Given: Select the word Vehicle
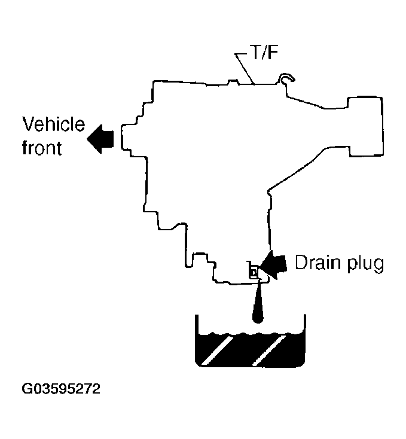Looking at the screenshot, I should (53, 126).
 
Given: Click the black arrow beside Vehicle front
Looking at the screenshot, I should (100, 139).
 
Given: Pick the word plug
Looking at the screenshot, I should (363, 264).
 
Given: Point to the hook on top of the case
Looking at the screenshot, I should (287, 78).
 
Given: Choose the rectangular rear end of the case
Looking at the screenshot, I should (365, 126).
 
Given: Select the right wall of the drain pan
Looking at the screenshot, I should (306, 338).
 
